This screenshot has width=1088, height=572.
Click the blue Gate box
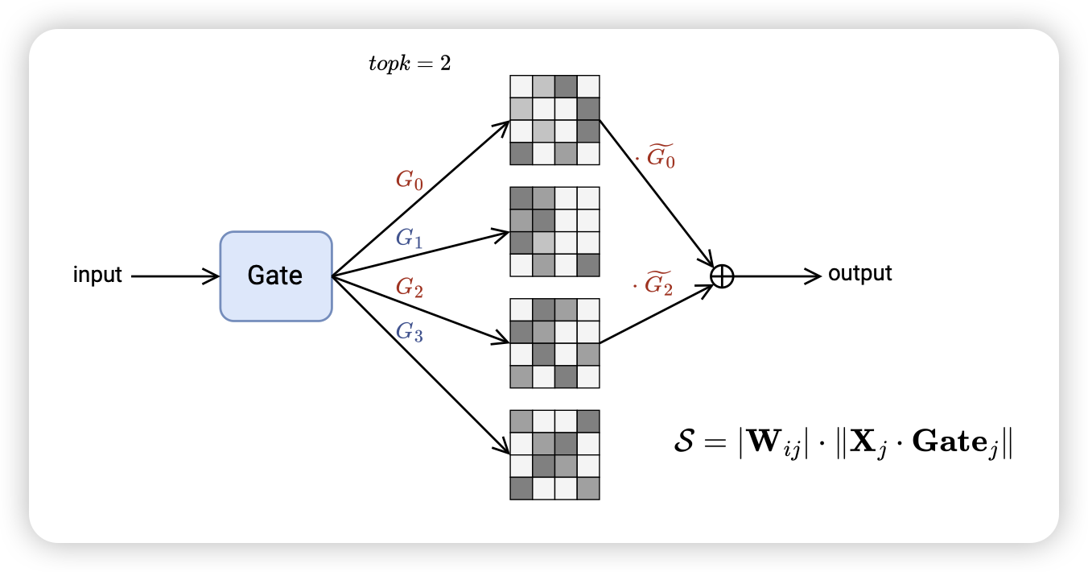click(x=276, y=276)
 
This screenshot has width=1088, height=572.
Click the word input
click(x=97, y=276)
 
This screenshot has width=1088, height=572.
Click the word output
click(x=859, y=274)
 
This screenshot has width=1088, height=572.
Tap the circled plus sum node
click(x=723, y=276)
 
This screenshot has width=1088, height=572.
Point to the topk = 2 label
click(x=409, y=64)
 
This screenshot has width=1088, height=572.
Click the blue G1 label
click(x=409, y=238)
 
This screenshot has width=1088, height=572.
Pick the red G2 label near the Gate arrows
click(x=409, y=288)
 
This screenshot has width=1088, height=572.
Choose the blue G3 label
click(x=409, y=331)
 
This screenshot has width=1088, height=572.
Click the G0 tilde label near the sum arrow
click(x=657, y=156)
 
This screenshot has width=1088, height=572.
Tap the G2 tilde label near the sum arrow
click(x=655, y=284)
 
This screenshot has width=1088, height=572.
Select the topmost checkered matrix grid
click(x=554, y=120)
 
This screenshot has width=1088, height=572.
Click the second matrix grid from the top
click(x=554, y=231)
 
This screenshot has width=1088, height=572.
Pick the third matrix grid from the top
click(x=554, y=343)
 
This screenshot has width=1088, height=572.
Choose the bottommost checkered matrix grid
click(x=554, y=454)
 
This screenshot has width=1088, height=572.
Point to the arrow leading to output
click(x=777, y=276)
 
